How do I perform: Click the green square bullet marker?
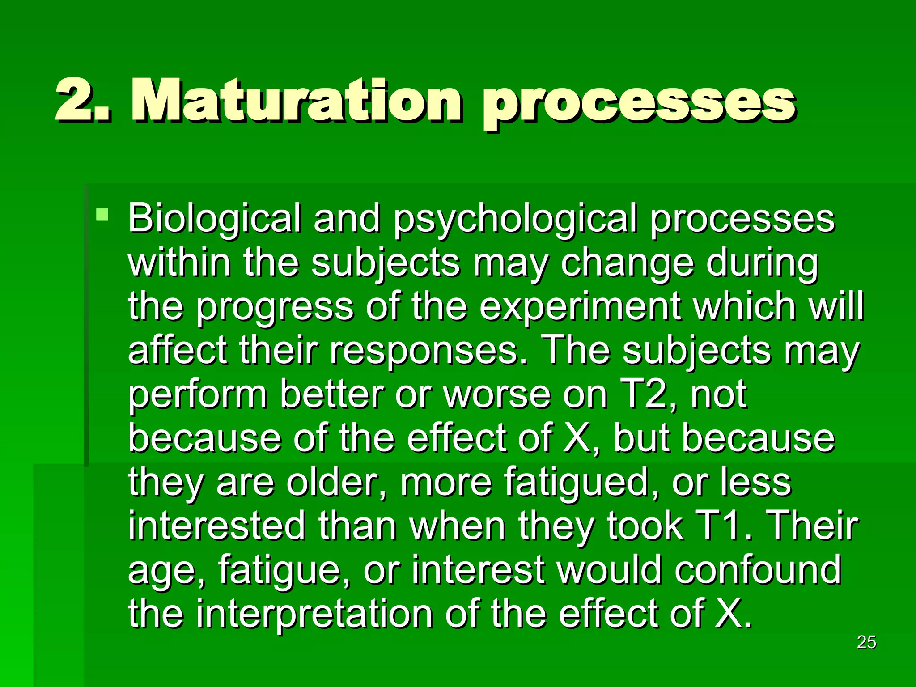[102, 214]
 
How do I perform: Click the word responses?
[429, 352]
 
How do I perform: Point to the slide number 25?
[866, 642]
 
